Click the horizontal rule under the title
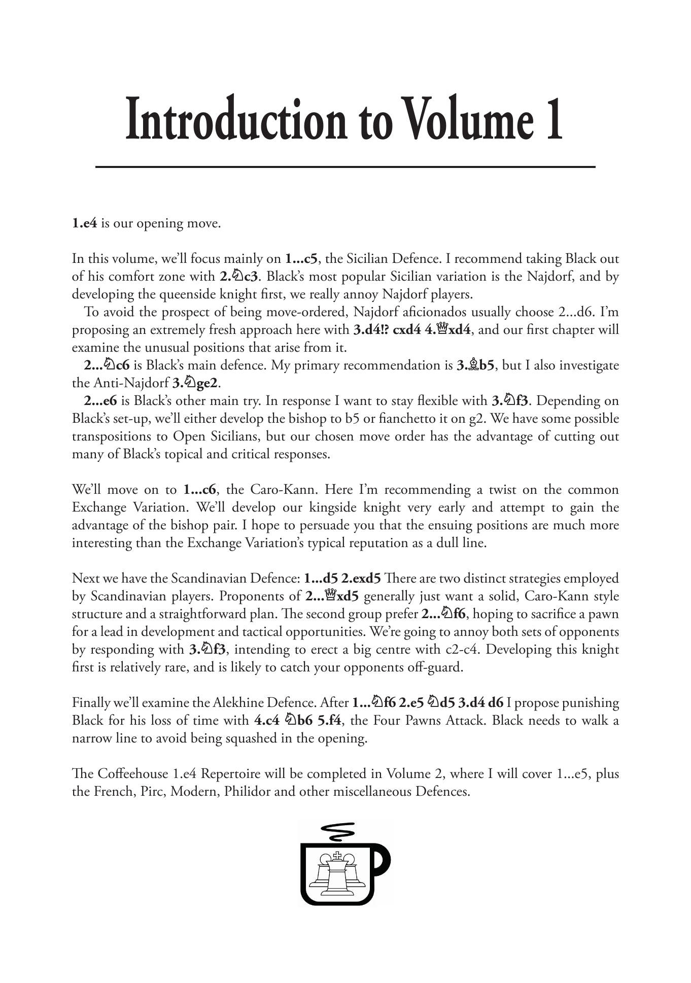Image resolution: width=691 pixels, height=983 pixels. [345, 166]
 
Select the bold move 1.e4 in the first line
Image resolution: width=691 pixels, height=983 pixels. [84, 223]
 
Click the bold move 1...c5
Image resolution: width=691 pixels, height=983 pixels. [301, 259]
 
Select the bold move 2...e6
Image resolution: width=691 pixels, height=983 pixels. [100, 401]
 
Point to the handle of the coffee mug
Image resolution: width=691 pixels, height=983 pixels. [383, 863]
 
